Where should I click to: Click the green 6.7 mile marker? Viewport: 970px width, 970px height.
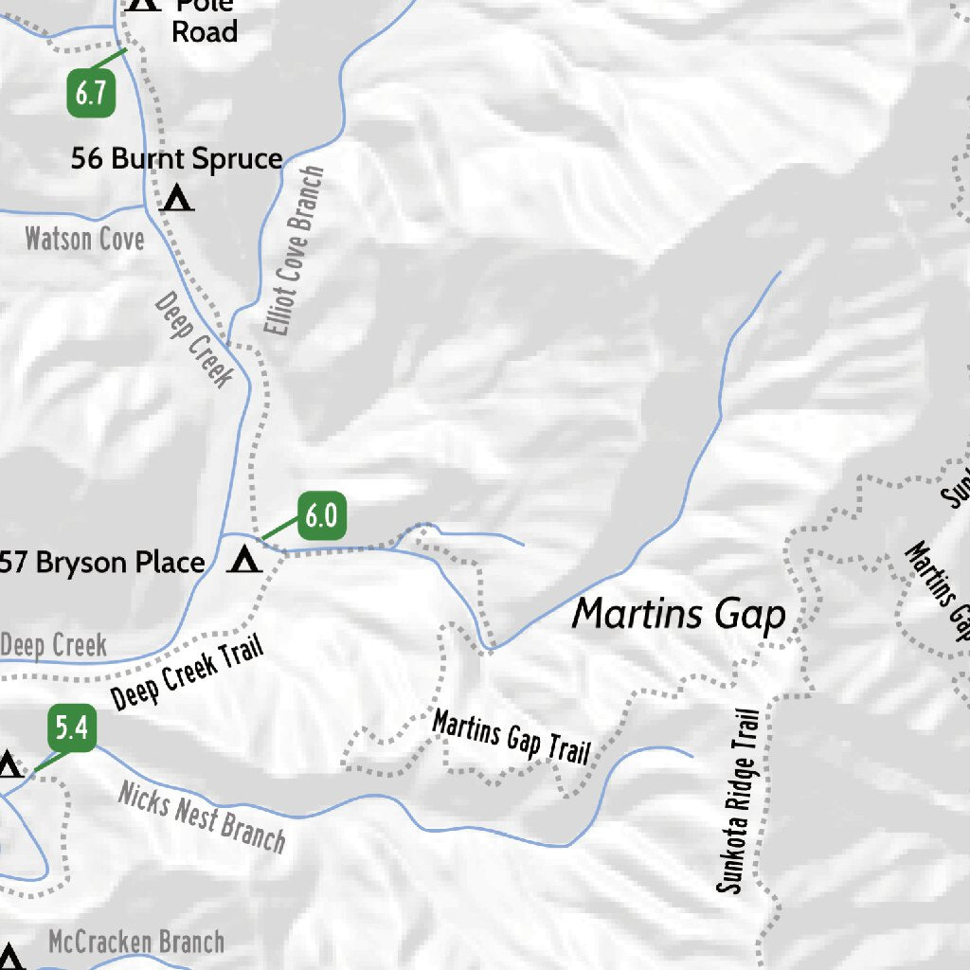[x=91, y=95]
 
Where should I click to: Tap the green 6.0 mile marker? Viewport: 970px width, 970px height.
[x=321, y=516]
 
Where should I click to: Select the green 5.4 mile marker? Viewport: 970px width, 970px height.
[x=71, y=729]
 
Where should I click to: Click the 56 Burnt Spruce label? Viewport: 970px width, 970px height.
[x=177, y=158]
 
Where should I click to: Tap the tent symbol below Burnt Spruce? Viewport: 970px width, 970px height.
[x=177, y=199]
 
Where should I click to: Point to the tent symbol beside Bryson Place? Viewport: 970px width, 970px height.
[x=245, y=561]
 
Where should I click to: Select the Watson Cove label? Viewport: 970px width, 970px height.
[x=84, y=239]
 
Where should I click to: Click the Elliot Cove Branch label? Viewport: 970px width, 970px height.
[x=295, y=252]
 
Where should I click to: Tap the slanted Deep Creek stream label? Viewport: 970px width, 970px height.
[x=193, y=339]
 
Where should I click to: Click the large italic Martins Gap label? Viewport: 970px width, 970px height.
[x=679, y=615]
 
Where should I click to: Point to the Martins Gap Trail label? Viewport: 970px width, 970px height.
[x=512, y=737]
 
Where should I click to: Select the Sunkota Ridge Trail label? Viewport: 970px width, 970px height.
[x=740, y=801]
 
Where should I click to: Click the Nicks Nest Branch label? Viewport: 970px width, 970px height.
[x=201, y=817]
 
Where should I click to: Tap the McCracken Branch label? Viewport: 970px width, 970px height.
[x=136, y=943]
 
